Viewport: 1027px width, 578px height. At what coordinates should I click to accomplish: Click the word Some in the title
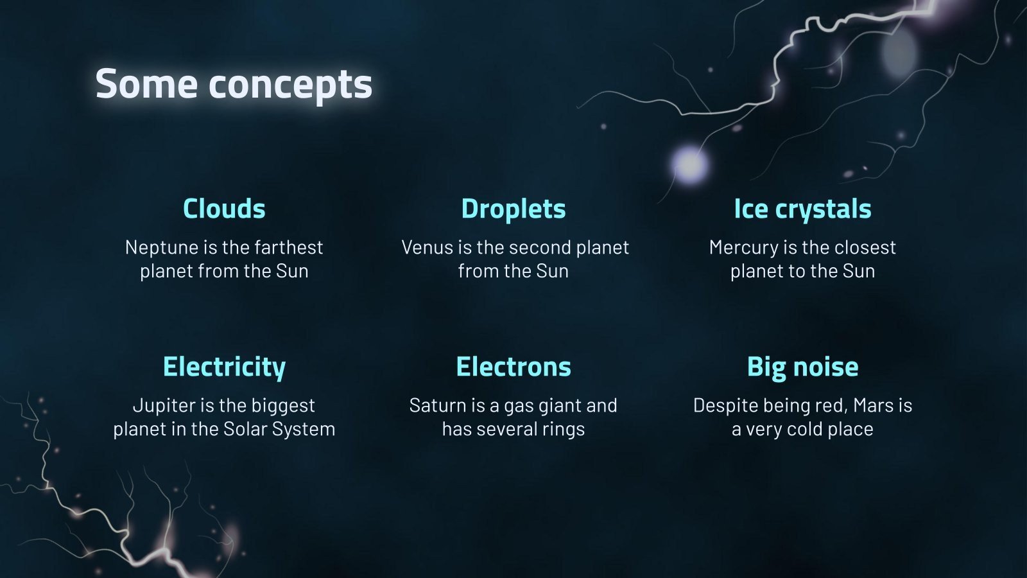pyautogui.click(x=146, y=84)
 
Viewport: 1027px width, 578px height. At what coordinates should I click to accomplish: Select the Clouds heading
pyautogui.click(x=224, y=209)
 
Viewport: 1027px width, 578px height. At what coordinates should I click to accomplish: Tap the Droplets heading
pyautogui.click(x=513, y=209)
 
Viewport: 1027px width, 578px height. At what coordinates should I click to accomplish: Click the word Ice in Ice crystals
pyautogui.click(x=750, y=209)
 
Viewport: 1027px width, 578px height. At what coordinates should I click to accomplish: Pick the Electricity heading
pyautogui.click(x=224, y=367)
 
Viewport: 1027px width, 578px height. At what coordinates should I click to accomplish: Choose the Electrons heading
pyautogui.click(x=513, y=367)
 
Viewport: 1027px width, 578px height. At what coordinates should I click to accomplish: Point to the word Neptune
pyautogui.click(x=153, y=247)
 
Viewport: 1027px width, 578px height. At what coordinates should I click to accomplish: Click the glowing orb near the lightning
pyautogui.click(x=690, y=164)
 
